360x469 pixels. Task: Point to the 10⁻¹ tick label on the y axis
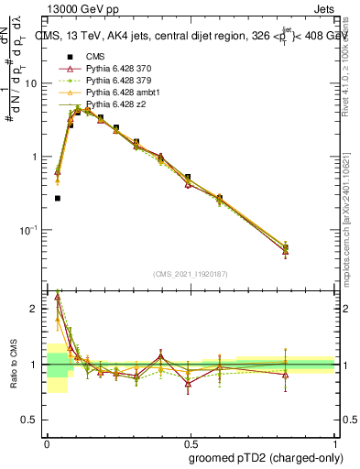29,230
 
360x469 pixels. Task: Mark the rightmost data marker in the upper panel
286,247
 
